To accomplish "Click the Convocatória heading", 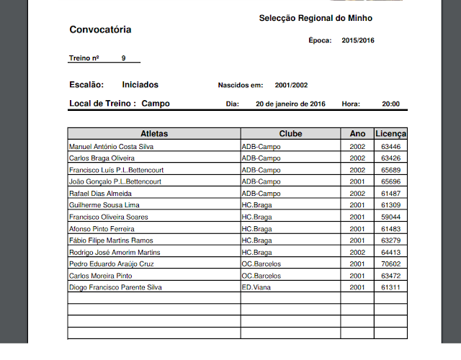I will click(x=100, y=30).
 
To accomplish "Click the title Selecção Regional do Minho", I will click(x=315, y=17).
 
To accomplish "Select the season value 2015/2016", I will click(x=358, y=40).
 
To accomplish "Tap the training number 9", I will click(x=123, y=58).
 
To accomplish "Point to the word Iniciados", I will click(x=140, y=85).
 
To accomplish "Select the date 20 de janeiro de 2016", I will click(x=291, y=104).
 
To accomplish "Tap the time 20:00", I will click(x=390, y=104).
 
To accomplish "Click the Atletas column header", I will click(x=154, y=134).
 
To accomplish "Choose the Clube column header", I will click(x=290, y=134).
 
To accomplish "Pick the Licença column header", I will click(x=390, y=134).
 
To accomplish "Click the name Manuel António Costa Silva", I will click(x=111, y=146).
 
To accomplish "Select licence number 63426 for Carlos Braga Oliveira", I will click(x=391, y=158).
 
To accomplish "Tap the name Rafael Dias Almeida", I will click(x=100, y=193).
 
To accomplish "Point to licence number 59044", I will click(x=391, y=217).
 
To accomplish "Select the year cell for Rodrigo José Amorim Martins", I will click(x=357, y=252).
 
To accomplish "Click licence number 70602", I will click(x=391, y=264).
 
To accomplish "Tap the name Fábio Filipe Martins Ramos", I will click(x=111, y=240).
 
